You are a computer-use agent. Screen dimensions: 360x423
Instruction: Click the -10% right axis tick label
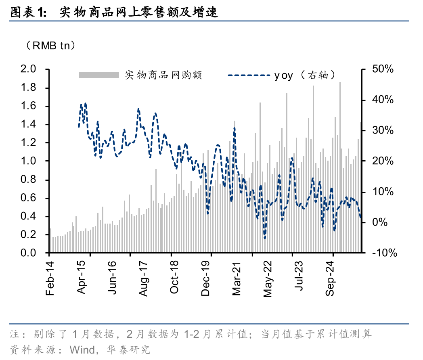tap(384, 253)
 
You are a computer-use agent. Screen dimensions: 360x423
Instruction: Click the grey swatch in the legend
tap(98, 75)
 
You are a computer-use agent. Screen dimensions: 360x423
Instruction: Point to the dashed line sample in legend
tap(248, 75)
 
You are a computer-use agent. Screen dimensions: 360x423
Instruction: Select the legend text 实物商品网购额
tap(163, 75)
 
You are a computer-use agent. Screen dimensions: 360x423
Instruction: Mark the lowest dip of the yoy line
tap(265, 238)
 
